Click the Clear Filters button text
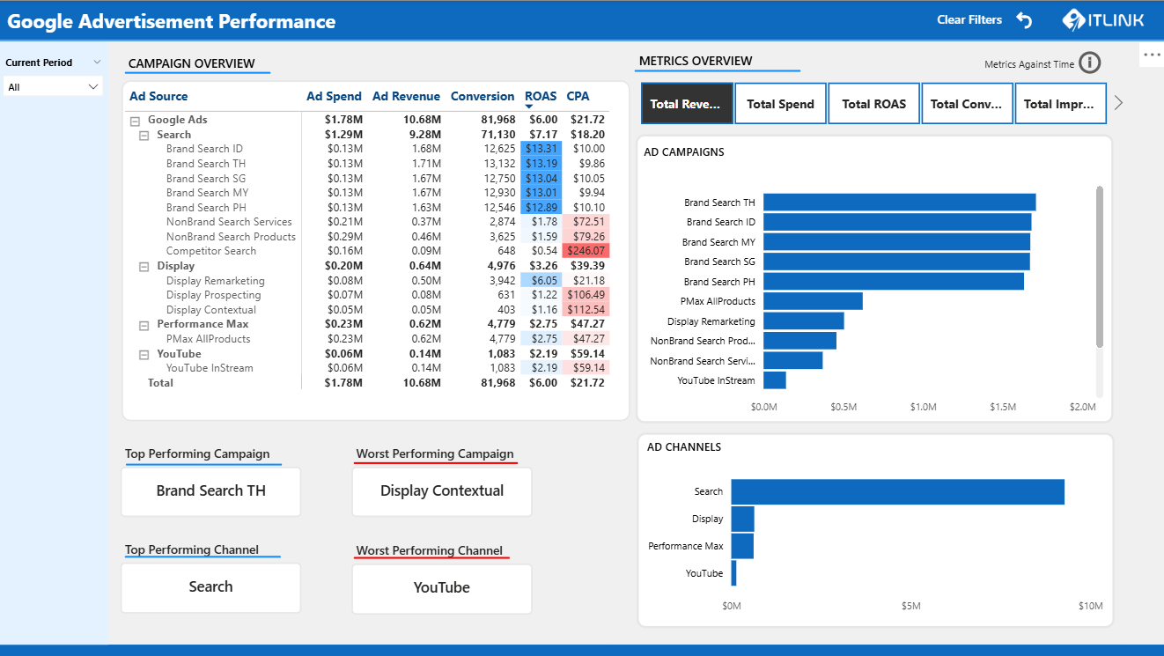(969, 19)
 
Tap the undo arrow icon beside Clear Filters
(1024, 19)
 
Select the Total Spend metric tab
(780, 104)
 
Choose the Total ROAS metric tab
(873, 104)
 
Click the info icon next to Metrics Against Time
(1090, 63)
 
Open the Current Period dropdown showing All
(53, 87)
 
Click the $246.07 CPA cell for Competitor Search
(587, 251)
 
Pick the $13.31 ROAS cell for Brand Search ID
(541, 149)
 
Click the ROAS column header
(541, 96)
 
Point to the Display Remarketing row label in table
(215, 281)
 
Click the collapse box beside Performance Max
(144, 325)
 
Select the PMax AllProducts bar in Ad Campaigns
(813, 301)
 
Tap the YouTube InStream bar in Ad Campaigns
(775, 380)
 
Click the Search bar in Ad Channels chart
(897, 491)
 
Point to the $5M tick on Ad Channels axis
(910, 606)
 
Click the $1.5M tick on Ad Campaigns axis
(1002, 407)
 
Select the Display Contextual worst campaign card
(441, 491)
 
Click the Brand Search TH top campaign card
(210, 491)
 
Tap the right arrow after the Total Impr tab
(1119, 103)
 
